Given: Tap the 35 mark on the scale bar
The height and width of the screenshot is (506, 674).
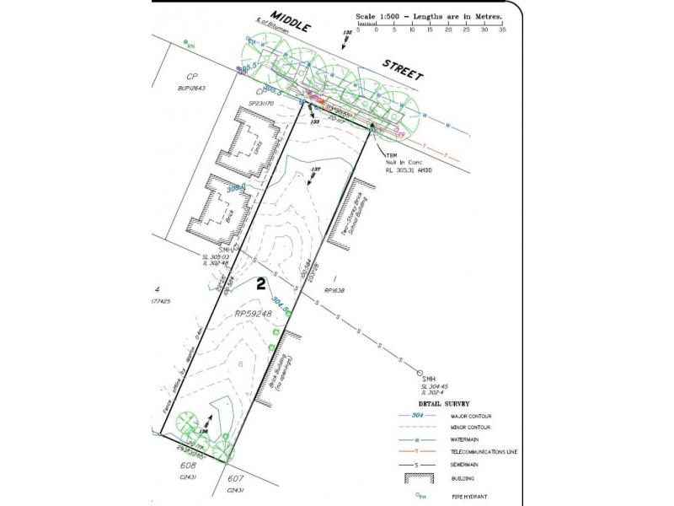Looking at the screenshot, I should (501, 29).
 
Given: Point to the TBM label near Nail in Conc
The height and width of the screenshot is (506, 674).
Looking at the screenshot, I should (392, 155).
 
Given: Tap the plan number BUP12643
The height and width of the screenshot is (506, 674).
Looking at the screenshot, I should (193, 87).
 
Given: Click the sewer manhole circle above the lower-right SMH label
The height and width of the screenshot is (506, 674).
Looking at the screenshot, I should (419, 372).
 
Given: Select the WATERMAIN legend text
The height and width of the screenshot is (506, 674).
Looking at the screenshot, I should (471, 439).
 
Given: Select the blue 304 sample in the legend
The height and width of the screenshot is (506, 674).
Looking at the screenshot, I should (415, 417).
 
